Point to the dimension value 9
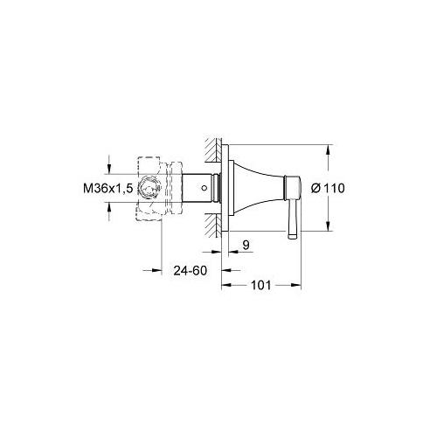click(x=246, y=247)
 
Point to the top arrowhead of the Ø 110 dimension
click(x=327, y=150)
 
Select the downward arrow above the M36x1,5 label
click(x=110, y=170)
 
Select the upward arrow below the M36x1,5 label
click(x=110, y=207)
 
